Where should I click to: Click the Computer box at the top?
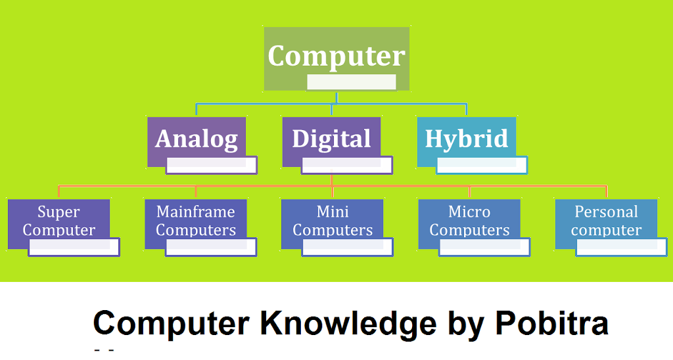pos(336,58)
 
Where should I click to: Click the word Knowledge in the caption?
pos(348,323)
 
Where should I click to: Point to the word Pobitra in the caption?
pos(552,323)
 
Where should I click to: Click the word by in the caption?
pos(466,325)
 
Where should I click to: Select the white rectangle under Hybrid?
pos(482,165)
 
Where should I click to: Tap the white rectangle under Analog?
pos(212,165)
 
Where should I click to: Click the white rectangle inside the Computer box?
pos(352,82)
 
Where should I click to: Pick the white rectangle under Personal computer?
pos(622,247)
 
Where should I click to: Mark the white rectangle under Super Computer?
pos(74,247)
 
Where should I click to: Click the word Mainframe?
pos(196,212)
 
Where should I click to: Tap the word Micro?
pos(469,212)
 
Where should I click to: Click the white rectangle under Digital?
pos(347,165)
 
